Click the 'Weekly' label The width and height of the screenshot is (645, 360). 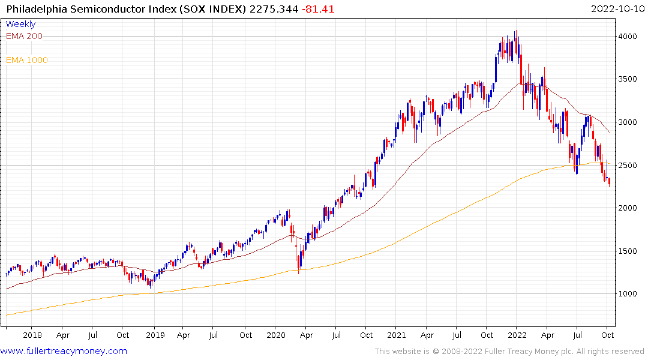pyautogui.click(x=20, y=24)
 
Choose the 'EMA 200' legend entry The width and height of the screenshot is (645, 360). pyautogui.click(x=24, y=36)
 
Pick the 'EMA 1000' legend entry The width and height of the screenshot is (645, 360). pyautogui.click(x=26, y=60)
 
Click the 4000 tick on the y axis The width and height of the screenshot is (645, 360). pyautogui.click(x=628, y=37)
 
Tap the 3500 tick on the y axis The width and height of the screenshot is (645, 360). pyautogui.click(x=628, y=79)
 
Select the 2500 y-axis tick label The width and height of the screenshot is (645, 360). pyautogui.click(x=628, y=165)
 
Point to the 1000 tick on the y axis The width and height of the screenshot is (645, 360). pyautogui.click(x=628, y=294)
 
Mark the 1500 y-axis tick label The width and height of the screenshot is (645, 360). pyautogui.click(x=628, y=251)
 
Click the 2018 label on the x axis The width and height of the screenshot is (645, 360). pyautogui.click(x=32, y=335)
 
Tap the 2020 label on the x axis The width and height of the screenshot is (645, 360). pyautogui.click(x=275, y=335)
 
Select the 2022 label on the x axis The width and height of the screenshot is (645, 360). pyautogui.click(x=517, y=335)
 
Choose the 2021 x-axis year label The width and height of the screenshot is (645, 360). pyautogui.click(x=397, y=335)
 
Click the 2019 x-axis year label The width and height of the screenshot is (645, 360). pyautogui.click(x=155, y=335)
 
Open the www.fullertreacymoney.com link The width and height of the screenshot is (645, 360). pyautogui.click(x=64, y=351)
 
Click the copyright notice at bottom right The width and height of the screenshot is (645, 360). pyautogui.click(x=509, y=352)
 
